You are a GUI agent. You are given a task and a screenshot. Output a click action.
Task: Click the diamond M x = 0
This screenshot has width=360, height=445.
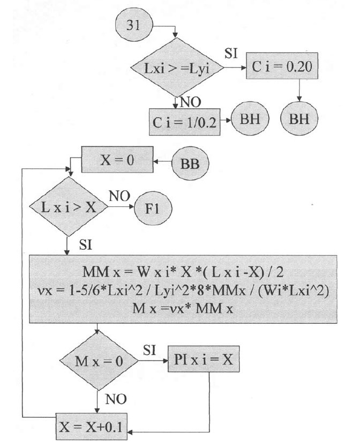[98, 361]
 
